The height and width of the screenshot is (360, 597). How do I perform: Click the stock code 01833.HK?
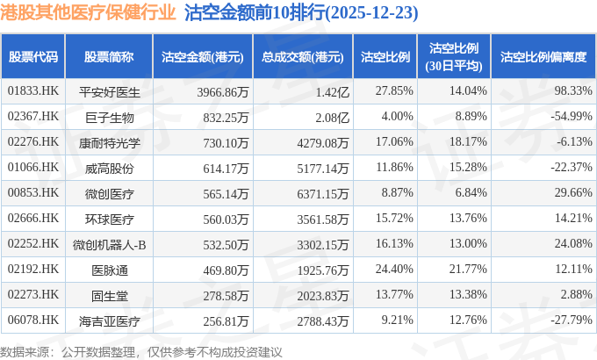point(32,90)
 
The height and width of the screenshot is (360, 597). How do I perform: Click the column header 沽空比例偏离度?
point(543,57)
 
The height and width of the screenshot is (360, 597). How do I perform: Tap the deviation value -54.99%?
point(572,116)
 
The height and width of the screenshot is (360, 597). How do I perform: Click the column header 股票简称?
point(109,57)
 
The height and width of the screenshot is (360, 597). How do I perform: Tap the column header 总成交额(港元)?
point(302,57)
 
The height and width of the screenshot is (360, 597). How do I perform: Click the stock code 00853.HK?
point(32,192)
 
